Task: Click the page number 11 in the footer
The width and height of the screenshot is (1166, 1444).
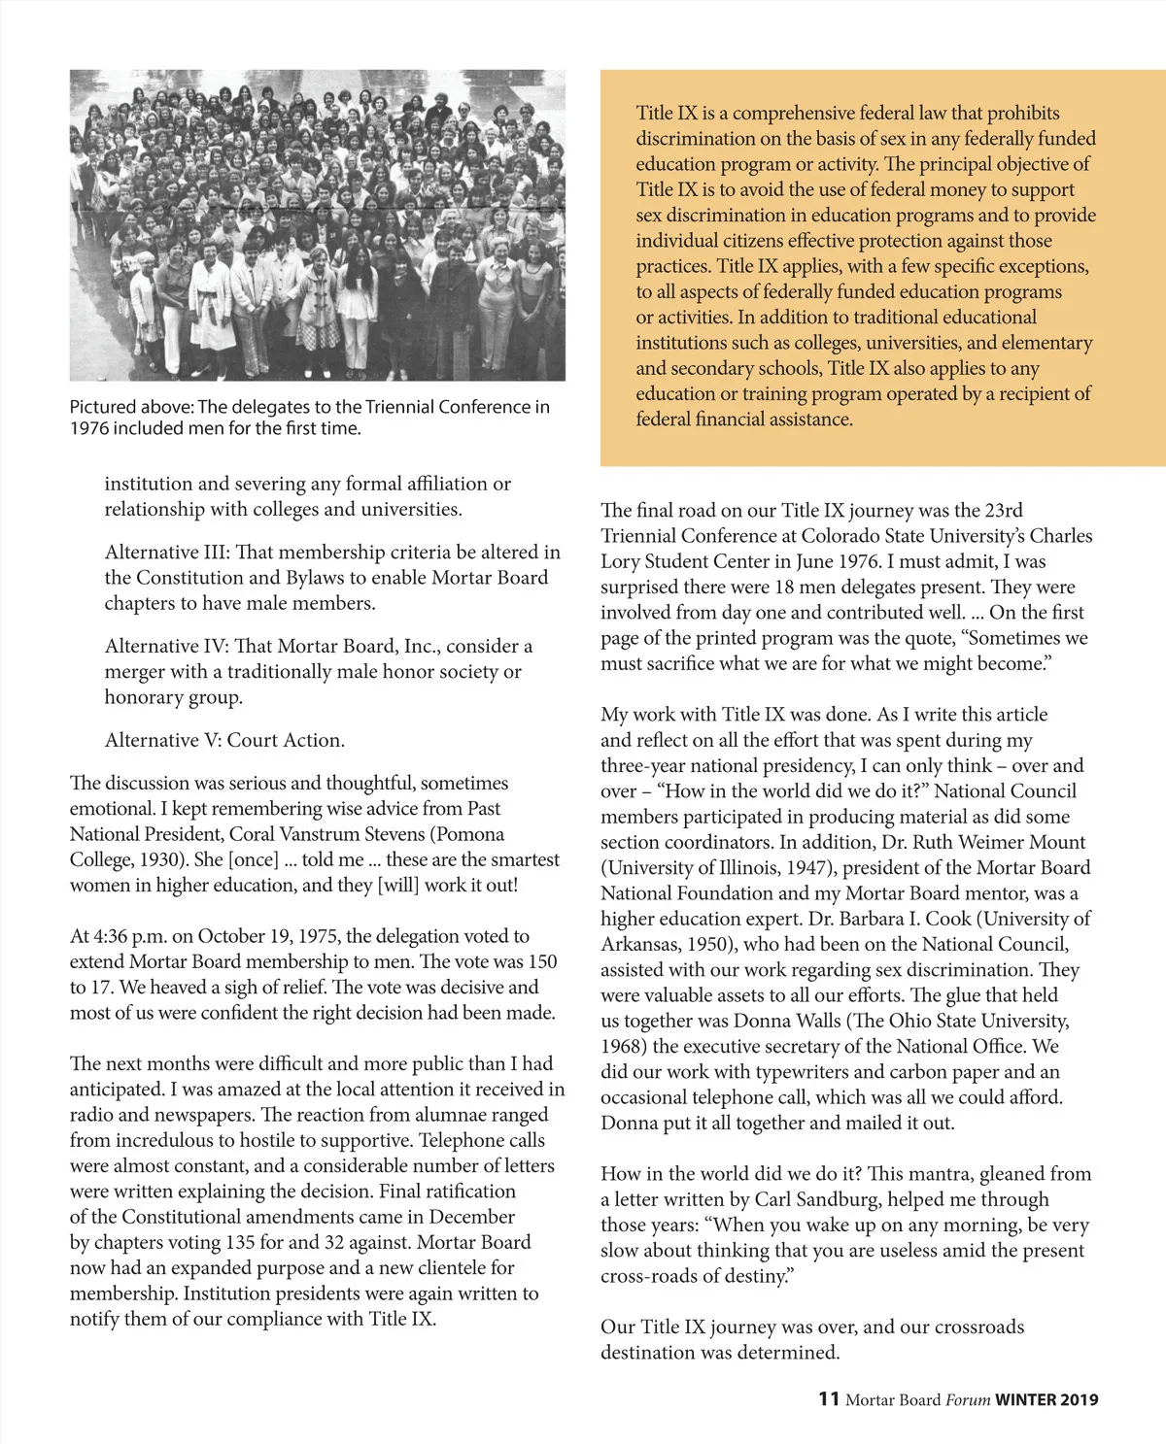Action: (828, 1398)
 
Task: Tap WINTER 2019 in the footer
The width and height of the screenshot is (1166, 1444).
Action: (1046, 1399)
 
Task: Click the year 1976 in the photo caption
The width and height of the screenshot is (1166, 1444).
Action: (89, 428)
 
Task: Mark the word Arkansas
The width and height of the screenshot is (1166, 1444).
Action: (641, 945)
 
